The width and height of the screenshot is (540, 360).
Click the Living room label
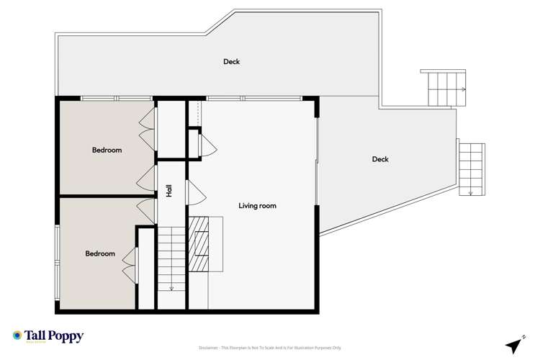tap(257, 206)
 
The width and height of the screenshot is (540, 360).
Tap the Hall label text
tap(169, 192)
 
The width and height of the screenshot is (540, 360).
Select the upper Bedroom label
tap(107, 150)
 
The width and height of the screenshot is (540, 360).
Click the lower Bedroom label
tap(100, 253)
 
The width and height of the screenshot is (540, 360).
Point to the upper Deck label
tap(231, 62)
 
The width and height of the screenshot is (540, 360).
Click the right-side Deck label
tap(380, 159)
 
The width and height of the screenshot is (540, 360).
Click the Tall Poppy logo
tap(48, 336)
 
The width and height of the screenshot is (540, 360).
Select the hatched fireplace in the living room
tap(199, 243)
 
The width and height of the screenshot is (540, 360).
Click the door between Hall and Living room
tap(195, 192)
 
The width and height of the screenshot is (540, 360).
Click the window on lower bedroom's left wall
tap(57, 248)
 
